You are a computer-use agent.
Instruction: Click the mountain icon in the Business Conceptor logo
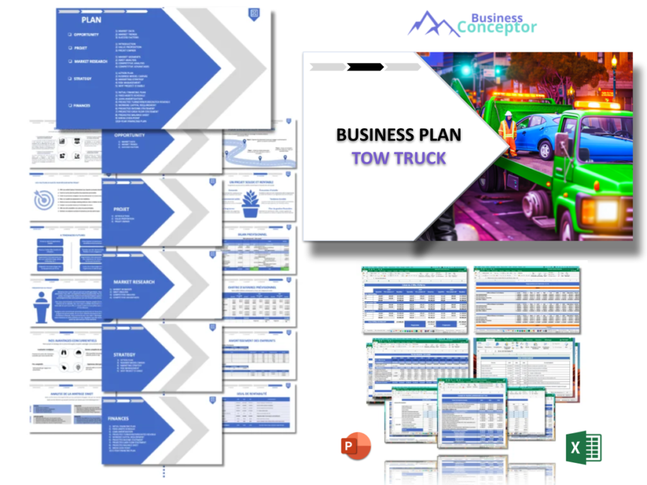(x=433, y=24)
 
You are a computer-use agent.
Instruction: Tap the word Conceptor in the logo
(x=497, y=28)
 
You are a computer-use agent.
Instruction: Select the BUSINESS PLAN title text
(x=399, y=135)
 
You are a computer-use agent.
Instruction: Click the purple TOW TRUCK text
(x=399, y=158)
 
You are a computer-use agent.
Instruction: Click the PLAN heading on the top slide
(x=91, y=20)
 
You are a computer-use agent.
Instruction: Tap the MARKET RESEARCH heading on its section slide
(x=134, y=282)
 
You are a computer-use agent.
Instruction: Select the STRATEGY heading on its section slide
(x=124, y=354)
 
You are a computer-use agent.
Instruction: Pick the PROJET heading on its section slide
(x=121, y=209)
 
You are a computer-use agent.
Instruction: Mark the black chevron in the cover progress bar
(x=365, y=67)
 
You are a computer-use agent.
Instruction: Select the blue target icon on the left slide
(x=44, y=201)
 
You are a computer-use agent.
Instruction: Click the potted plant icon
(x=251, y=205)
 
